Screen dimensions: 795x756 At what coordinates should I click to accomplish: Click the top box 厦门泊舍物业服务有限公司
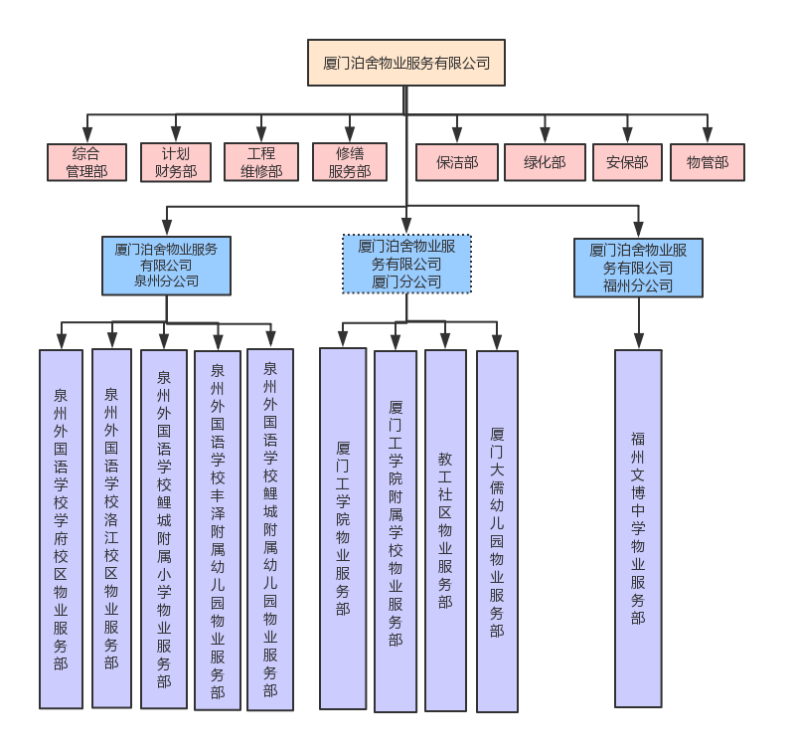coord(406,63)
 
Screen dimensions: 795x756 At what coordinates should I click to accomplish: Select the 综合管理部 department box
coord(86,162)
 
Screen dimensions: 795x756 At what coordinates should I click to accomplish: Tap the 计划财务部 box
coord(176,162)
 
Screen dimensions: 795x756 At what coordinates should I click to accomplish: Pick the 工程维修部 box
coord(261,162)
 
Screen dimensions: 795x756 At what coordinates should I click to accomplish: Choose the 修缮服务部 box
coord(350,162)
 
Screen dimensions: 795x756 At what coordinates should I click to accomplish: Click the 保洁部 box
coord(457,162)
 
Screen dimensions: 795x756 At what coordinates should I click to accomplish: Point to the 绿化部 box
coord(545,162)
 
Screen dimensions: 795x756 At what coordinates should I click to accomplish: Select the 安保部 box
coord(627,162)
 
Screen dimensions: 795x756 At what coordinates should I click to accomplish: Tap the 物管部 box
coord(708,162)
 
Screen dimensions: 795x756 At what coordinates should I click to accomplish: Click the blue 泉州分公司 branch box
coord(166,266)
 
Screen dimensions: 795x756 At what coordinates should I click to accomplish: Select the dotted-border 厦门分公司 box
coord(406,264)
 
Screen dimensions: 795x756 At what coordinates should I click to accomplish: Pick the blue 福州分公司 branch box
coord(638,268)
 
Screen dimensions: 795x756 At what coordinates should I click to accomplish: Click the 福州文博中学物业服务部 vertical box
coord(638,528)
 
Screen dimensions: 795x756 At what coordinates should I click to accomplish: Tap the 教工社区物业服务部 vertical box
coord(445,530)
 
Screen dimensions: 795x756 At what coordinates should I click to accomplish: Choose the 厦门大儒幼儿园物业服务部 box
coord(497,531)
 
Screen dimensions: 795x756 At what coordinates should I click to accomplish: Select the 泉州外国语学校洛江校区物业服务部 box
coord(111,528)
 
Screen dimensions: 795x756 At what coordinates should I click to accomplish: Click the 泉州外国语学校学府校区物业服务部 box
coord(61,529)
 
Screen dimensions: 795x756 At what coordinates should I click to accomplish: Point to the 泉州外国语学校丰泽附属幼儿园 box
coord(218,531)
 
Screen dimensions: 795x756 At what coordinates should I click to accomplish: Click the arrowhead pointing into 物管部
coord(708,136)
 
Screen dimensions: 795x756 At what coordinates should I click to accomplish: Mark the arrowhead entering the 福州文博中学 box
coord(638,341)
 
